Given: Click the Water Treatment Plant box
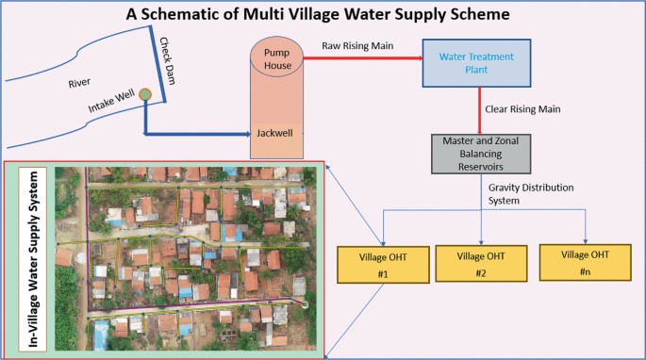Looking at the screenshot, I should point(481,63).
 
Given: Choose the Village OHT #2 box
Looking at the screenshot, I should point(481,261).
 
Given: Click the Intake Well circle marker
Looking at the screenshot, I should point(145,93).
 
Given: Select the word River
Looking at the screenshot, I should point(80,83).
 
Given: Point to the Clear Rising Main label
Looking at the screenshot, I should point(522,109).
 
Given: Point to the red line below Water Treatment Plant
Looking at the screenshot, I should point(481,109).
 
